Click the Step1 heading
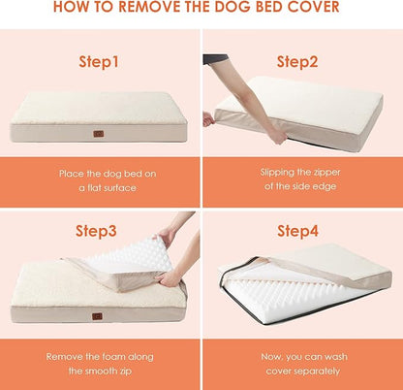[x=100, y=61]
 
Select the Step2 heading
[x=298, y=61]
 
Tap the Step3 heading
[x=100, y=231]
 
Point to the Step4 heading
[x=298, y=231]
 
